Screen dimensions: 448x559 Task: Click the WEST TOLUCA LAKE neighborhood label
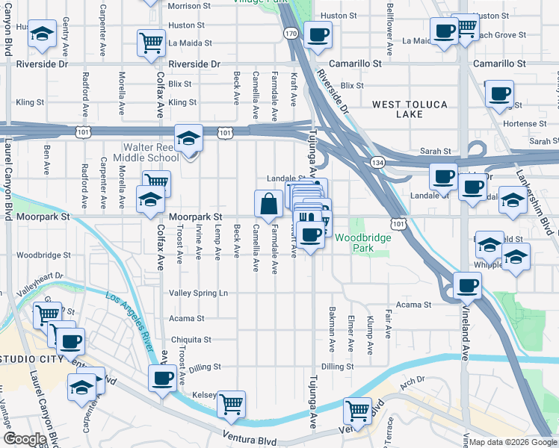coord(409,109)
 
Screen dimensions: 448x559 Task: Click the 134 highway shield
coord(376,162)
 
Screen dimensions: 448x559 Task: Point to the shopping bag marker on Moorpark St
coord(268,203)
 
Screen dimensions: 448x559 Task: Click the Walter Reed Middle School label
coord(146,153)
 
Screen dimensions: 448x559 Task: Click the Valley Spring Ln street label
coord(198,293)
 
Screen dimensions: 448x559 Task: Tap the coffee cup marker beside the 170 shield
coord(318,34)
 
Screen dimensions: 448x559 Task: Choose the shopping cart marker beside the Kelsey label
coord(232,404)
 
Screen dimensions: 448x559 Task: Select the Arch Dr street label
coord(412,380)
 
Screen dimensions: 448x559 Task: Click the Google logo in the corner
coord(24,439)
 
